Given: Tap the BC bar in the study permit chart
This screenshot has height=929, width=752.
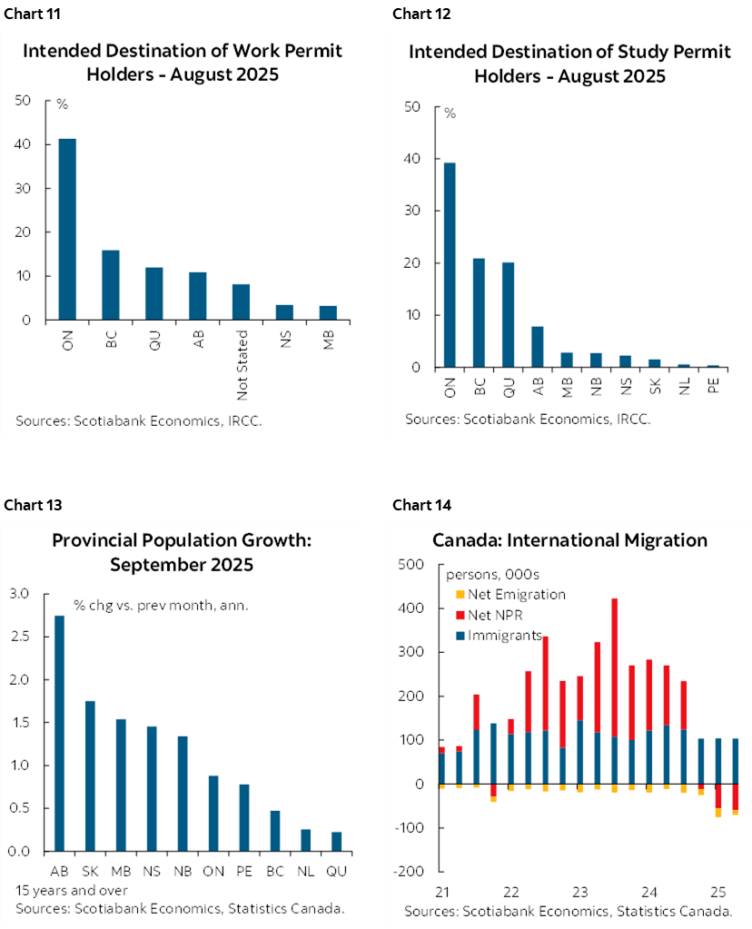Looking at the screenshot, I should (x=478, y=312).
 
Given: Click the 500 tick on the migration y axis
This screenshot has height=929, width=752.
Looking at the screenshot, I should (x=413, y=565).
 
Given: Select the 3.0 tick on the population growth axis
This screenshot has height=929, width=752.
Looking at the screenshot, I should (x=19, y=594).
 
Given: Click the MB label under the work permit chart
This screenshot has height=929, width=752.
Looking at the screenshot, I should (x=328, y=341).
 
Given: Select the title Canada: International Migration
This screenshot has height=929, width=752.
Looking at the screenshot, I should (x=569, y=540).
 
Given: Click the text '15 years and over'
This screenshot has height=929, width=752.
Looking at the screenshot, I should (x=72, y=890).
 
